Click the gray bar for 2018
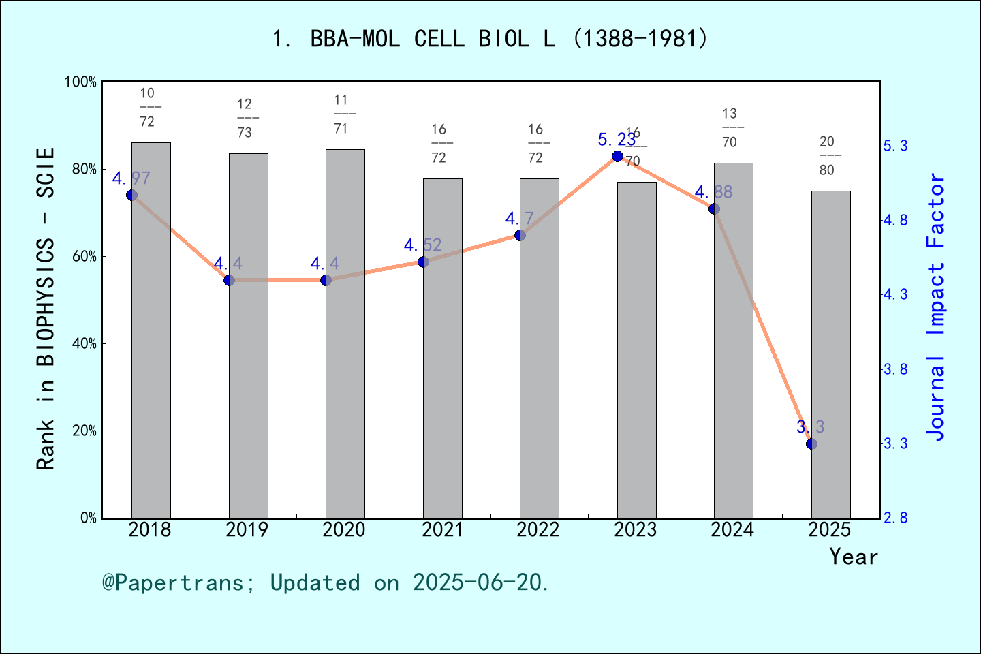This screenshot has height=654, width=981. [x=151, y=330]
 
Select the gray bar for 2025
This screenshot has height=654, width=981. [x=830, y=354]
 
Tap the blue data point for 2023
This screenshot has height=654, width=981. [x=617, y=156]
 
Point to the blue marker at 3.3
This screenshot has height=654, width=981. [x=811, y=443]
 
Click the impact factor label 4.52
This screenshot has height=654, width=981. [x=422, y=245]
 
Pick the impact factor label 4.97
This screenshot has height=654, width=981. [x=131, y=178]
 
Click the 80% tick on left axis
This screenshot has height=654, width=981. [x=84, y=169]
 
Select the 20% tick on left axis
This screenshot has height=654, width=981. [x=84, y=431]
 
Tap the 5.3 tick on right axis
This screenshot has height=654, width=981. [x=895, y=146]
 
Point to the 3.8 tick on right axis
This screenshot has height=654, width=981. [x=895, y=369]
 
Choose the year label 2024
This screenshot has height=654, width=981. [x=732, y=529]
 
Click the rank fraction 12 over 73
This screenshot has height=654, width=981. [x=245, y=118]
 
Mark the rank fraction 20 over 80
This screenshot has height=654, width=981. [x=826, y=155]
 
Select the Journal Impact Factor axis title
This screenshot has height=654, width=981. [x=937, y=307]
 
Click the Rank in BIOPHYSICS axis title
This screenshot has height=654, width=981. [x=45, y=308]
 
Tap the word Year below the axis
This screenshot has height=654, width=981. [x=853, y=557]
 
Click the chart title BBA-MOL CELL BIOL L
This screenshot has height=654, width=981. [x=490, y=38]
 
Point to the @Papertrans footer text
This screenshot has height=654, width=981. [x=325, y=582]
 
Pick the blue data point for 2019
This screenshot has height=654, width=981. [x=229, y=280]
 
